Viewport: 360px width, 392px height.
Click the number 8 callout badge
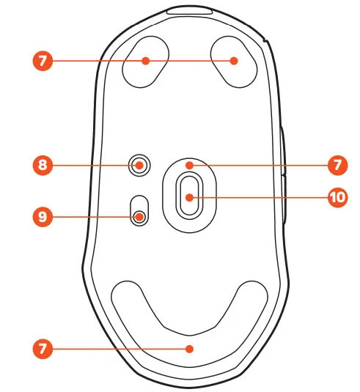43,165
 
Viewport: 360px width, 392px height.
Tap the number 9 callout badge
43,216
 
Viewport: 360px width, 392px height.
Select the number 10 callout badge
337,197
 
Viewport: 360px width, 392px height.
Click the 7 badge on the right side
337,165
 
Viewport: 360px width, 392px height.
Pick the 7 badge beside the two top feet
43,61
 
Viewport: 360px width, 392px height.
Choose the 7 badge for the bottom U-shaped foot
43,349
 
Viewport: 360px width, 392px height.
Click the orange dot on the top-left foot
146,61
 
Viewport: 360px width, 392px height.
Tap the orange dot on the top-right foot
234,61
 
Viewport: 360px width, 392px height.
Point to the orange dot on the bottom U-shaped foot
190,349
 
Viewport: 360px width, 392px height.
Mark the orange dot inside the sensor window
190,198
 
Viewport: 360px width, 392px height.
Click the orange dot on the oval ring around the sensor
190,165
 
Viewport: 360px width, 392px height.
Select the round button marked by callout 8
139,166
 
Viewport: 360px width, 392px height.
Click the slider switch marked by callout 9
139,211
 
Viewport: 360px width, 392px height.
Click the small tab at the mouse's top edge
190,11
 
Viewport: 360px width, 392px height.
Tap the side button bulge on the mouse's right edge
283,175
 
